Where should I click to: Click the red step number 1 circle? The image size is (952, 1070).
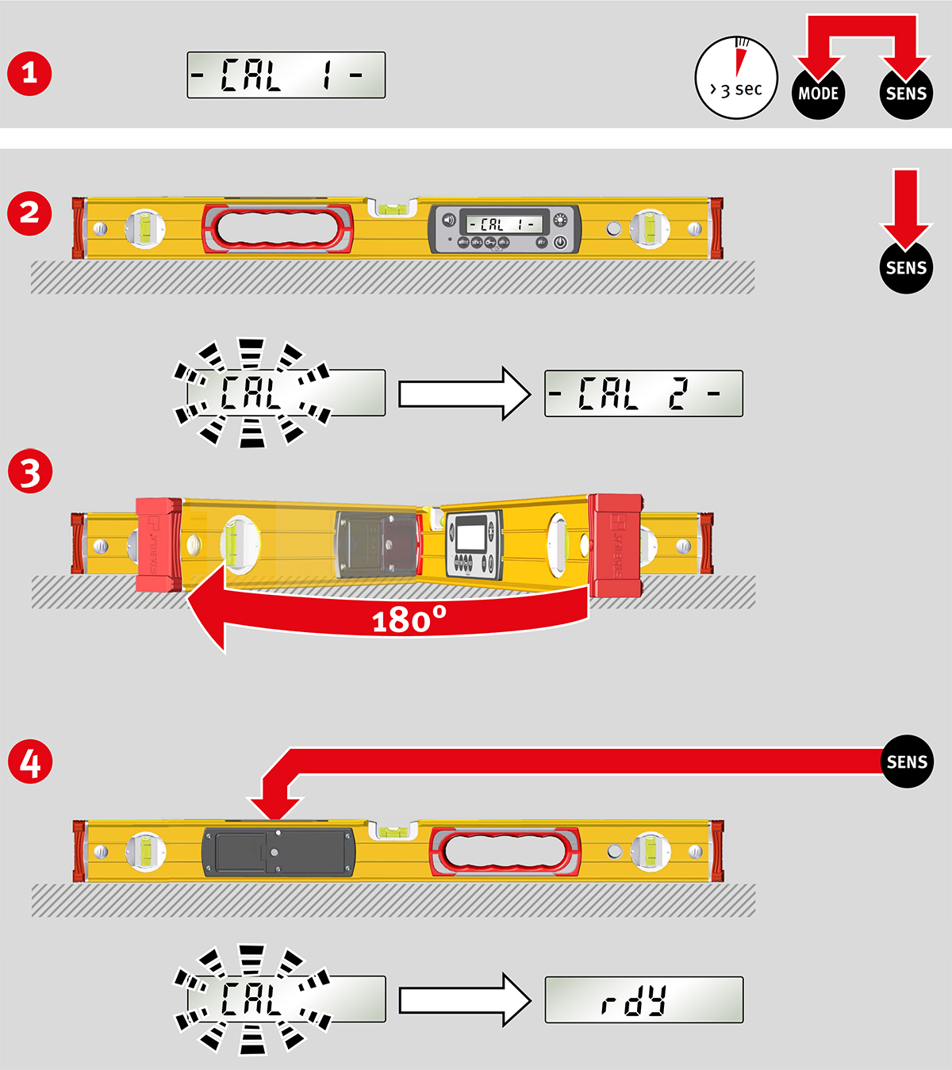[x=29, y=74]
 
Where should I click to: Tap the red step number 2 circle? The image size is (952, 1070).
[x=29, y=213]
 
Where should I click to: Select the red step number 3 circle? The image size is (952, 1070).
[x=29, y=472]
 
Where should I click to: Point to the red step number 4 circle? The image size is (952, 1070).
[x=29, y=762]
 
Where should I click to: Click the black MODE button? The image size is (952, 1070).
[x=818, y=94]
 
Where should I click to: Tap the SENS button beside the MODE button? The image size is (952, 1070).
[x=906, y=94]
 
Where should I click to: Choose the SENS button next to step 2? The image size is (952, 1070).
[x=906, y=268]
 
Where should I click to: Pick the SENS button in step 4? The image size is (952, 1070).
[x=907, y=762]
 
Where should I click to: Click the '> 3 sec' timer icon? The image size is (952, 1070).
[x=736, y=78]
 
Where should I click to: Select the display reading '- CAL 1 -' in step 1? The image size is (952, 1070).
[x=286, y=75]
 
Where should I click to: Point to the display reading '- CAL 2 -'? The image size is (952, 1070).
[x=643, y=393]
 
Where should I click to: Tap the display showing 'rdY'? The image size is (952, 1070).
[x=643, y=1000]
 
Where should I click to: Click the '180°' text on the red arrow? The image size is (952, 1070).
[x=409, y=619]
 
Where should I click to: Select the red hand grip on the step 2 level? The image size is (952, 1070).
[x=278, y=229]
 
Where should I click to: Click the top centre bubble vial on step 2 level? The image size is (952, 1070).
[x=390, y=209]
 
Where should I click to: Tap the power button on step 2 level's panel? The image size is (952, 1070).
[x=560, y=243]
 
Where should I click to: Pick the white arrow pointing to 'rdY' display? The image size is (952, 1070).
[x=464, y=1000]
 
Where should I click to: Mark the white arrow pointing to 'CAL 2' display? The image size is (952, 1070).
[x=464, y=393]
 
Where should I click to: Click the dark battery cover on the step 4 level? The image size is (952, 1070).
[x=278, y=853]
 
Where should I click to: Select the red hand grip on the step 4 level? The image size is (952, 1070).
[x=505, y=853]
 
